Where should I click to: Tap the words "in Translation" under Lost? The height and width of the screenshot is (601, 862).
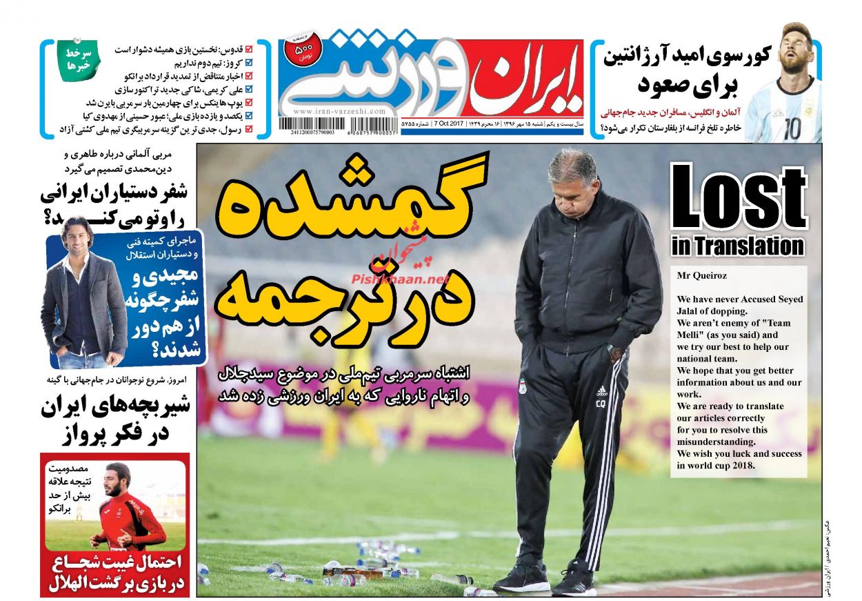(x=737, y=246)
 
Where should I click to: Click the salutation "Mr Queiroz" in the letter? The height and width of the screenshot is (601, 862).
(x=702, y=275)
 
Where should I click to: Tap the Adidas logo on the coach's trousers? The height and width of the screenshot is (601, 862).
(x=601, y=391)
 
